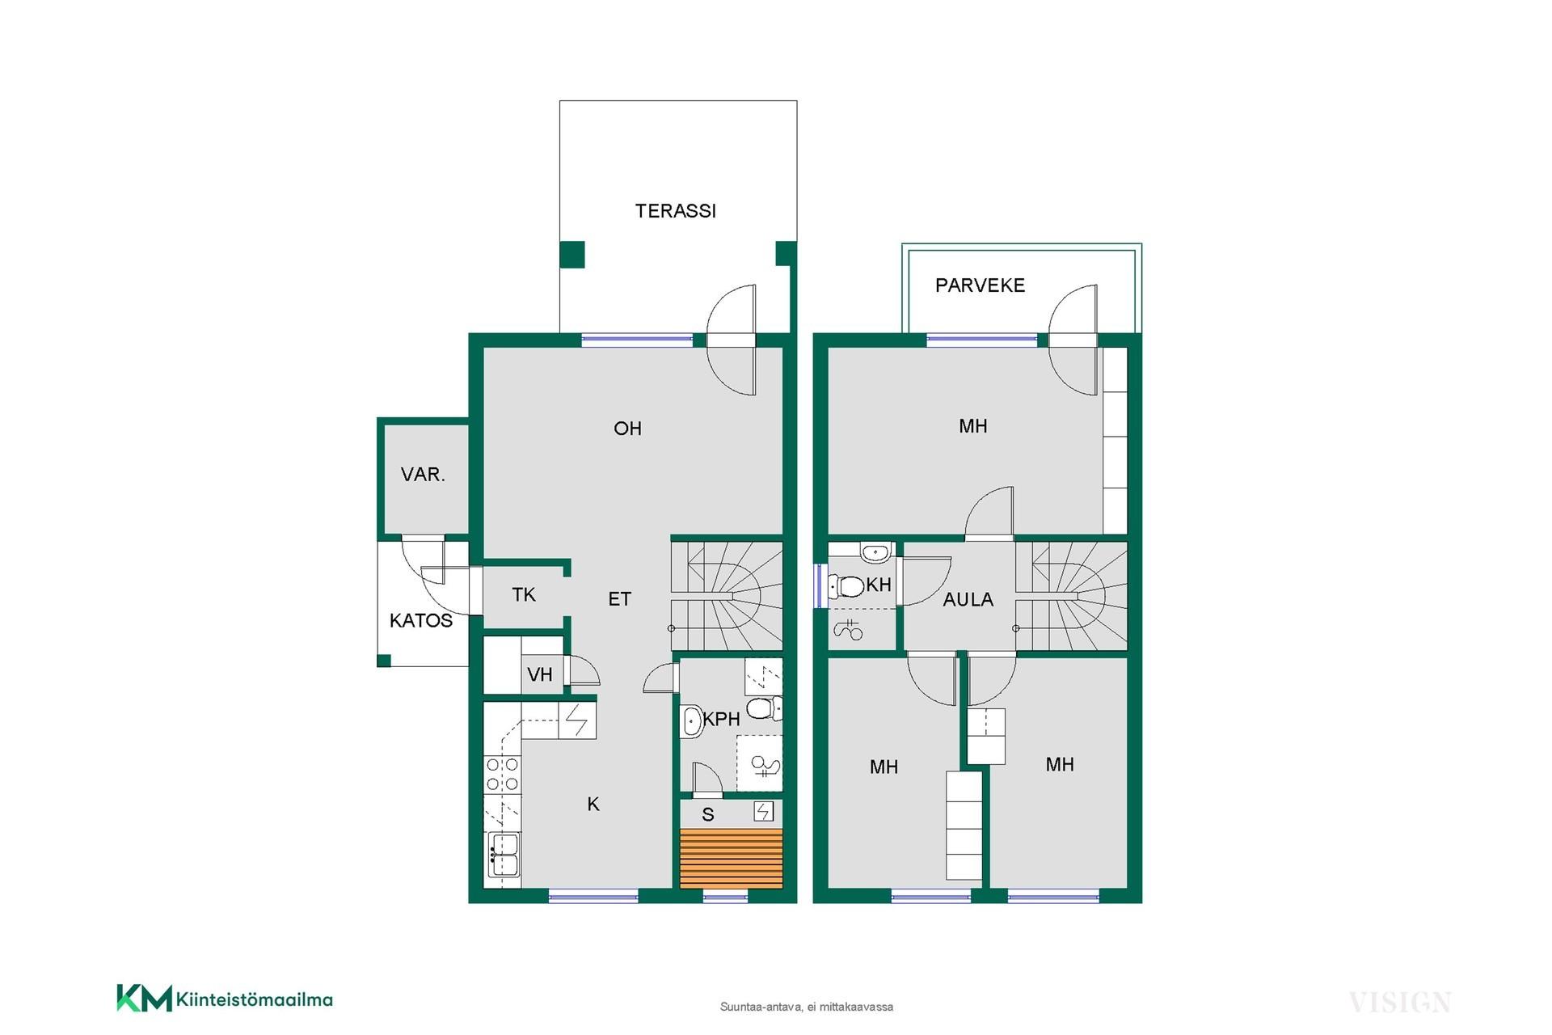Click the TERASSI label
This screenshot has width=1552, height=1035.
click(676, 211)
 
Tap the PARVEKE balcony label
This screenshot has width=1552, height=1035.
click(980, 285)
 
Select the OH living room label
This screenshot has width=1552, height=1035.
click(627, 429)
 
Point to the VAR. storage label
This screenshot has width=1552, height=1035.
click(423, 475)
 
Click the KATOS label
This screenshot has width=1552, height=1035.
click(421, 621)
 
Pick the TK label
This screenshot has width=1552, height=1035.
click(524, 595)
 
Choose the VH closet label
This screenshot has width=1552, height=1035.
click(540, 674)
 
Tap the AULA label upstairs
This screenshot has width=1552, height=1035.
click(968, 600)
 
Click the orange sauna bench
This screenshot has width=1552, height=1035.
click(732, 859)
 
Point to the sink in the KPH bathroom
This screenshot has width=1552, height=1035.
click(692, 721)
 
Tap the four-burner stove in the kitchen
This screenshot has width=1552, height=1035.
click(502, 773)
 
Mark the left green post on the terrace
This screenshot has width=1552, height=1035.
click(572, 255)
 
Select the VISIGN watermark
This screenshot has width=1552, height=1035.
click(1400, 1003)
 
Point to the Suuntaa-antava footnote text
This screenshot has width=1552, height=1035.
click(807, 1007)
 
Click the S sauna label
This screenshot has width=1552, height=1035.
click(708, 815)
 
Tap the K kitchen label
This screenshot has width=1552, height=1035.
click(593, 805)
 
